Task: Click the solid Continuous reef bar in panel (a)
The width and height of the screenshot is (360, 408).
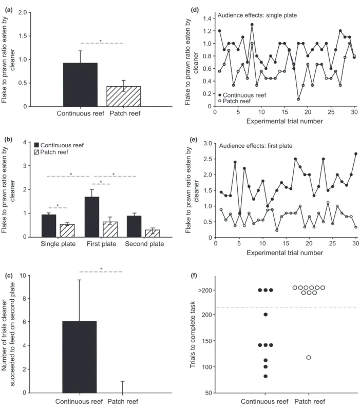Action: point(80,85)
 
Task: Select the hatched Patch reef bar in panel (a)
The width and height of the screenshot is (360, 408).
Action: point(124,96)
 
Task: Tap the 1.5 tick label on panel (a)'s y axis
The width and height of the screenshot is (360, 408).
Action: point(23,36)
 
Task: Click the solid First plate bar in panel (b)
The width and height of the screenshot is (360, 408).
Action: point(91,217)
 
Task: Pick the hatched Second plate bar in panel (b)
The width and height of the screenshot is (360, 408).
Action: point(153,233)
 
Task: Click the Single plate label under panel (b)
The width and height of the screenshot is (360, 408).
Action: point(58,244)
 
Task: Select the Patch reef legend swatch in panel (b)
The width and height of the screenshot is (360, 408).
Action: point(36,152)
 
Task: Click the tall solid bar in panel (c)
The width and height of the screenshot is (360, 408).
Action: point(80,357)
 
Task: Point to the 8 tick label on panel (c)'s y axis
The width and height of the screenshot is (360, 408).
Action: point(25,299)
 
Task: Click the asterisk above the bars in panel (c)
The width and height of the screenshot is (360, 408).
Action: point(101,269)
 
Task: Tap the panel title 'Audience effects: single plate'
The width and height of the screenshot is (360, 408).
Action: point(257,15)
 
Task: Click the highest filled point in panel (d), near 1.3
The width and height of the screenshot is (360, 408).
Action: point(252,25)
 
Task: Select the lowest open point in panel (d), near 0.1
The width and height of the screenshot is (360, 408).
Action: point(298,99)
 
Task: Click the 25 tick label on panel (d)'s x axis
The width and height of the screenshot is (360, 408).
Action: point(331,112)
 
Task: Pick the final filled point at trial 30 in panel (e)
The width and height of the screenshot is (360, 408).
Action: point(356,154)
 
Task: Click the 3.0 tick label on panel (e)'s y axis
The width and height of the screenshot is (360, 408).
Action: point(207,143)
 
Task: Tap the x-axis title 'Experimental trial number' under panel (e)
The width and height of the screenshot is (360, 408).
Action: point(285,252)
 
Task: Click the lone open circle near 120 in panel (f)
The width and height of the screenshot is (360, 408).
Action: point(309,358)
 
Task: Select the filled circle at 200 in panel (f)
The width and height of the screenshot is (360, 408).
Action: point(266,315)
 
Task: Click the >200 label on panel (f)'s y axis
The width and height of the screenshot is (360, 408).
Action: point(205,290)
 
